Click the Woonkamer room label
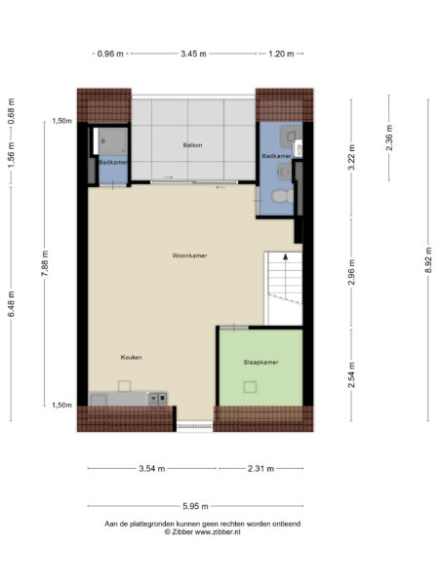tap(189, 255)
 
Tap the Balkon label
tap(192, 145)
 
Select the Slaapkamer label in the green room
tap(260, 362)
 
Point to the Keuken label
tap(132, 357)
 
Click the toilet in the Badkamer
tap(281, 195)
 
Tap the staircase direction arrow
tap(285, 259)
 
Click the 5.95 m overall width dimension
tap(192, 506)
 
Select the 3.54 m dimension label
tap(151, 469)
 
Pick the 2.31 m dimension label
tap(257, 469)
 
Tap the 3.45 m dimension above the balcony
tap(193, 54)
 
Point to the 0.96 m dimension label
tap(111, 54)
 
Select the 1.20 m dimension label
tap(280, 54)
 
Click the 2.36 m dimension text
tap(388, 138)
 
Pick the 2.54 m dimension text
tap(351, 374)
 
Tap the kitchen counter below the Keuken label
tap(128, 398)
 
